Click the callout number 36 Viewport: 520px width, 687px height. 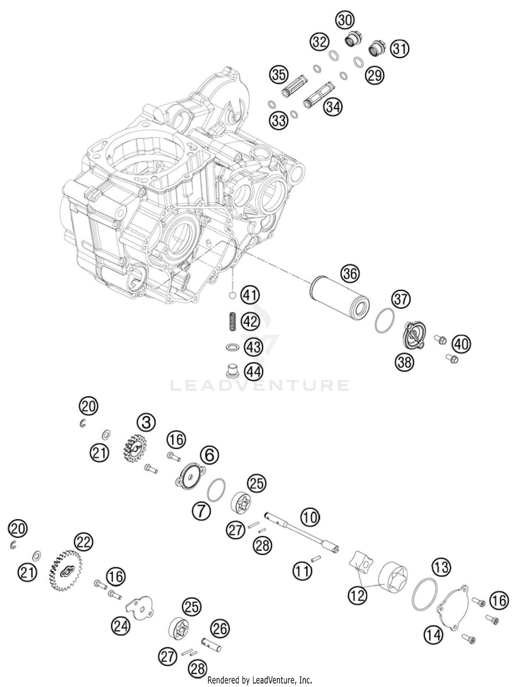coord(350,274)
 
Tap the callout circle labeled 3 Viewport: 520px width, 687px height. coord(146,423)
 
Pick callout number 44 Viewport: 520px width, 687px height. coord(254,372)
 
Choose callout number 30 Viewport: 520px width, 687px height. coord(345,20)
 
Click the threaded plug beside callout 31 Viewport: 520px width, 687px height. coord(379,49)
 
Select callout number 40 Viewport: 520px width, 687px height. coord(461,344)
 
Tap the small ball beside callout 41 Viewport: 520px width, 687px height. coord(233,296)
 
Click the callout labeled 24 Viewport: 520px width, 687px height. coord(121,626)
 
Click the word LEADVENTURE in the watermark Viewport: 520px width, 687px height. coord(260,386)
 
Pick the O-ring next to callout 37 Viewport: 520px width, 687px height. coord(384,320)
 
